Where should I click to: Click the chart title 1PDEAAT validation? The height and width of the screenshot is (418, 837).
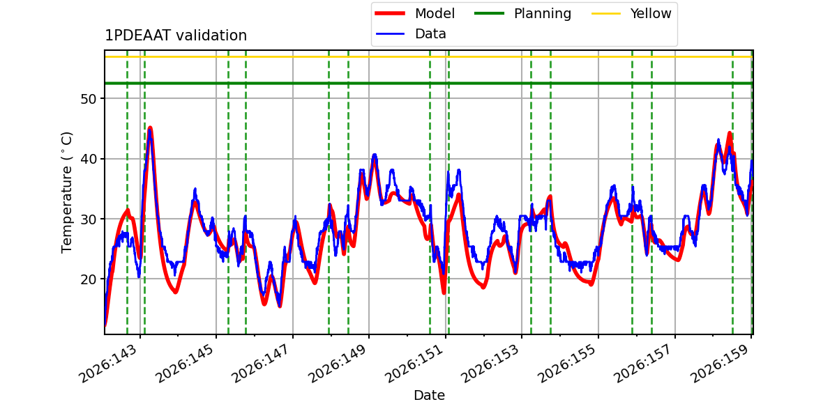[x=176, y=36]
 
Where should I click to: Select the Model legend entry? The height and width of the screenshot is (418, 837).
[x=415, y=13]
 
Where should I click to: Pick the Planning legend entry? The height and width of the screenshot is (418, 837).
[x=522, y=13]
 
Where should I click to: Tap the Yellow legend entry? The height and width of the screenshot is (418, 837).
[x=631, y=13]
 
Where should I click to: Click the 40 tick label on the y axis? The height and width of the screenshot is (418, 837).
[x=88, y=160]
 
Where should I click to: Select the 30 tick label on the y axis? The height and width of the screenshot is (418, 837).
[x=88, y=219]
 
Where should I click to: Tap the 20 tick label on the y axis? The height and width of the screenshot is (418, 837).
[x=88, y=279]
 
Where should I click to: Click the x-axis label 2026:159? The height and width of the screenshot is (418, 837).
[x=721, y=364]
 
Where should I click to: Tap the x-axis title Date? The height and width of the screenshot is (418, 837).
[x=430, y=395]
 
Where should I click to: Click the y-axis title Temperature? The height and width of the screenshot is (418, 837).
[x=66, y=192]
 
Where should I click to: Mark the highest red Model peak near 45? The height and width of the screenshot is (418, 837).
[x=150, y=128]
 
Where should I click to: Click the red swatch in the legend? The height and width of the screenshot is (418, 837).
[x=390, y=13]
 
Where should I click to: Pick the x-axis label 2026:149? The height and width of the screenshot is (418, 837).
[x=339, y=364]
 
